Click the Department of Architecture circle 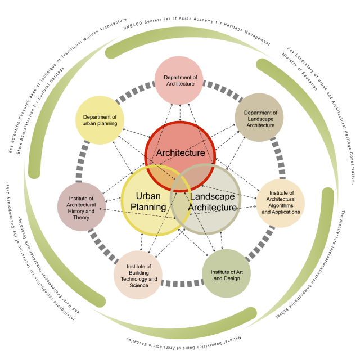179,80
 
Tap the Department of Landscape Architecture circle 259,118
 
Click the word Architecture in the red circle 181,153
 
